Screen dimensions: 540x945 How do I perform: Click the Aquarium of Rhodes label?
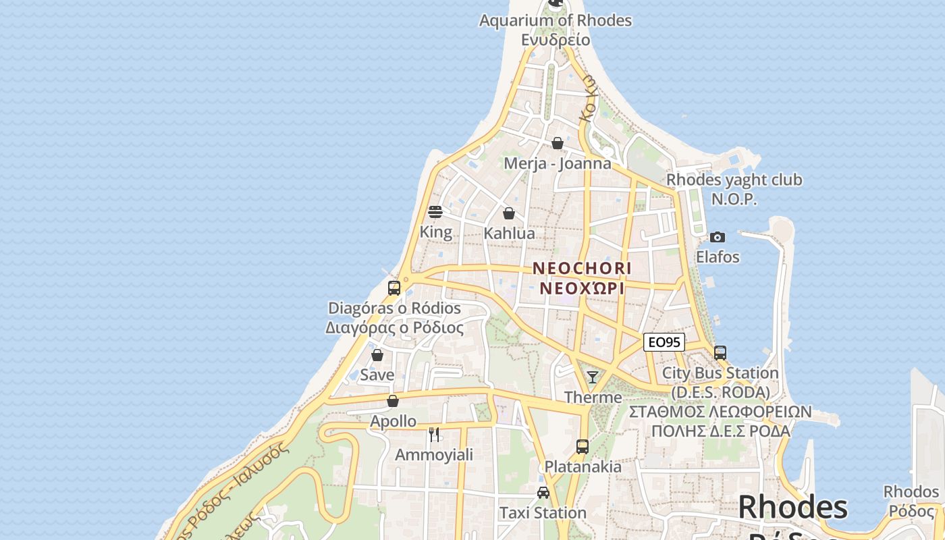[555, 21]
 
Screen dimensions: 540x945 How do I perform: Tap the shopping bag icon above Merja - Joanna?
[558, 143]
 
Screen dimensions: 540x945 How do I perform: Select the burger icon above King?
[435, 212]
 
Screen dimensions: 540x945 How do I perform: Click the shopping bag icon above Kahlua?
[509, 213]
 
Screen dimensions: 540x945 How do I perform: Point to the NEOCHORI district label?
[582, 268]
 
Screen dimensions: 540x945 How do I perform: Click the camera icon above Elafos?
[718, 237]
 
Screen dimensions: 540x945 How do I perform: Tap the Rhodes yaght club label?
[734, 180]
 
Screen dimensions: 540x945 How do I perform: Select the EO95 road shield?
[664, 342]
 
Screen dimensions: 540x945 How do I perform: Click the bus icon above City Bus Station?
[720, 352]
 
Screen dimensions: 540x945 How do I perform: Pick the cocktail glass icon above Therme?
[593, 377]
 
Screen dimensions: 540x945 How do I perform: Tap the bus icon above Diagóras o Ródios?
[394, 288]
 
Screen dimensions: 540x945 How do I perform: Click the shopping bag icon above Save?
[377, 354]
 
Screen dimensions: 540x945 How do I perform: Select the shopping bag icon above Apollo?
[393, 401]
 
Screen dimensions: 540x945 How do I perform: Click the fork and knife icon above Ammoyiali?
[434, 434]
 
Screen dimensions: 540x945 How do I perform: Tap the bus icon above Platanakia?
[583, 446]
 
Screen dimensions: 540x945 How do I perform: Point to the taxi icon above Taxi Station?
[543, 493]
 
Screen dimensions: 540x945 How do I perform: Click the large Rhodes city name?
[792, 507]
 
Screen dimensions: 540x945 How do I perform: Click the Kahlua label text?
[509, 234]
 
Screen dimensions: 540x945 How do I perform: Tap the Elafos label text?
[718, 257]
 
